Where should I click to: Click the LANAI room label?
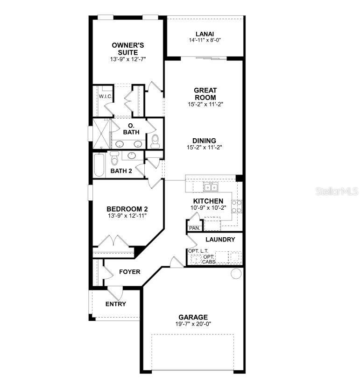tap(205, 34)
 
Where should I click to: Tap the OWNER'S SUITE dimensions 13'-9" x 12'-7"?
tap(128, 60)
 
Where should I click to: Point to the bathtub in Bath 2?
tap(99, 165)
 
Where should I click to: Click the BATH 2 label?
tap(121, 171)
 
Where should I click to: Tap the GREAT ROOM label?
tap(205, 93)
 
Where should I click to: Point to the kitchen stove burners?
tap(237, 206)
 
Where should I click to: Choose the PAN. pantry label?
tap(194, 228)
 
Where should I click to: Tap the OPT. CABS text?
tap(209, 259)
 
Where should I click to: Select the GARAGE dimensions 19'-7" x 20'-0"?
tap(192, 324)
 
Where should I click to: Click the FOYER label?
tap(129, 272)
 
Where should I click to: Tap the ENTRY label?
tap(115, 304)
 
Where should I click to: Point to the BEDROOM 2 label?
tap(127, 209)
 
